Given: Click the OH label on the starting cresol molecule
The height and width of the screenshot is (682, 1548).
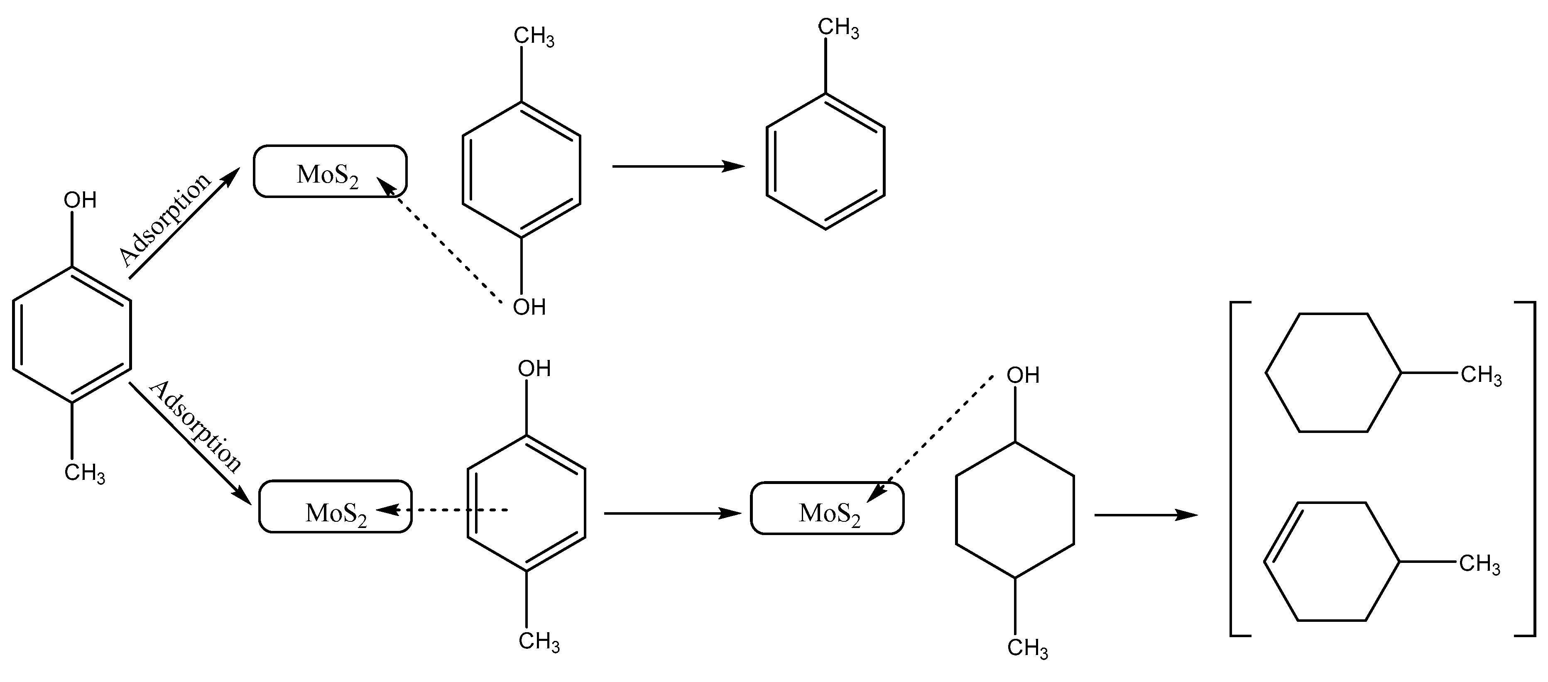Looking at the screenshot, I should [80, 200].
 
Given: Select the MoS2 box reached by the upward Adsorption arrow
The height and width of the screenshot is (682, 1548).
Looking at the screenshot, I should [330, 172].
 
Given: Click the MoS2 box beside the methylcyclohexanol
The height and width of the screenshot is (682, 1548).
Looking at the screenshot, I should [827, 508].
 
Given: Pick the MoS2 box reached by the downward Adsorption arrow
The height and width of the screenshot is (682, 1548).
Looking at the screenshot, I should [336, 506].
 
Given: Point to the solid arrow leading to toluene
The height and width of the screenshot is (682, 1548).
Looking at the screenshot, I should [677, 166].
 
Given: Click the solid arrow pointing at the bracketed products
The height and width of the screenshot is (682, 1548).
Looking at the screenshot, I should [1145, 515].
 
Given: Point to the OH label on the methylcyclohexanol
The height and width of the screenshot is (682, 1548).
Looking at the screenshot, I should [1023, 376].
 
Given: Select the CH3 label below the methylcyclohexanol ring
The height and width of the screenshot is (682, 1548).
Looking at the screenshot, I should [1028, 648].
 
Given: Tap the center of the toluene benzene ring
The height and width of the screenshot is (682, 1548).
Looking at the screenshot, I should [825, 161].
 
